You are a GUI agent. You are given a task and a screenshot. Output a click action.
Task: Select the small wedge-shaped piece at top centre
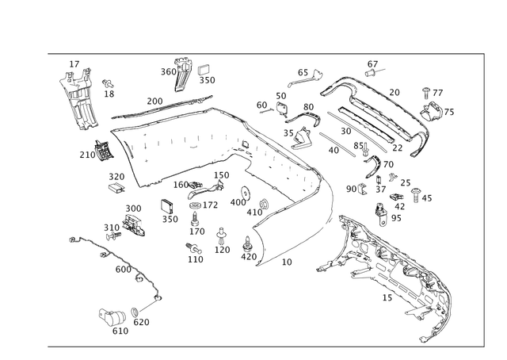pyautogui.click(x=181, y=72)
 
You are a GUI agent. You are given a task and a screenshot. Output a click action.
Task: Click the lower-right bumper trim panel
pyautogui.click(x=396, y=270)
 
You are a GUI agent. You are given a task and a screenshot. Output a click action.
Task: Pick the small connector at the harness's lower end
pyautogui.click(x=111, y=314)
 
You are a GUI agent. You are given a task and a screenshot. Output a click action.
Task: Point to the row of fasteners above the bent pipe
pyautogui.click(x=305, y=77)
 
